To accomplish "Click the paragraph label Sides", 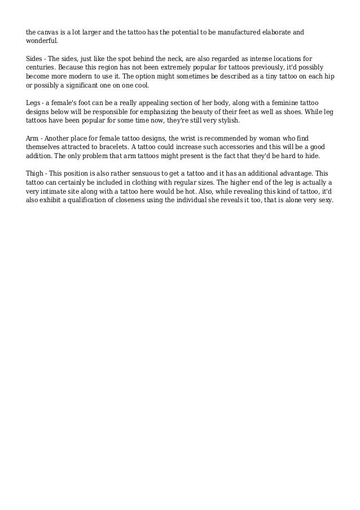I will coord(34,58).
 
